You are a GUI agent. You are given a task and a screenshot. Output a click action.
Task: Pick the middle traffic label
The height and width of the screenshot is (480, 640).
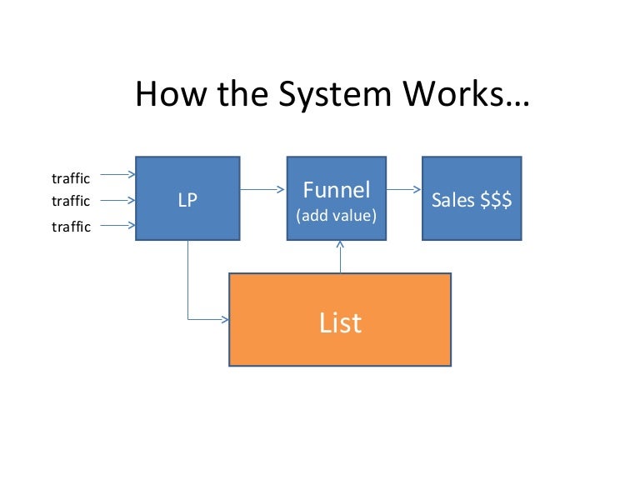coord(71,201)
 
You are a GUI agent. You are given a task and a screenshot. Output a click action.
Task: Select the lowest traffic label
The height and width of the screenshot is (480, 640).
coord(71,227)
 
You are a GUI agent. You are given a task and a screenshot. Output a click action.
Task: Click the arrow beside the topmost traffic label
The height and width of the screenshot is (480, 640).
coord(116,175)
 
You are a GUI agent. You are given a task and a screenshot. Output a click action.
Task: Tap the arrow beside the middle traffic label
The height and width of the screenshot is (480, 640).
coord(116,200)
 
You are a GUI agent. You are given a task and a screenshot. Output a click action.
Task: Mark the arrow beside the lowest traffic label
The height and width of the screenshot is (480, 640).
coord(116,226)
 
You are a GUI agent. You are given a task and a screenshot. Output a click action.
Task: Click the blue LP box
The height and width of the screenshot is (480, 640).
coord(187,199)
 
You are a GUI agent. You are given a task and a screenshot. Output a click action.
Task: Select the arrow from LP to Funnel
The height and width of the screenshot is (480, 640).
coord(263,189)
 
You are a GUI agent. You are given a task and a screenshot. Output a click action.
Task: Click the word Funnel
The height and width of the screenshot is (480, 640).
coord(337,191)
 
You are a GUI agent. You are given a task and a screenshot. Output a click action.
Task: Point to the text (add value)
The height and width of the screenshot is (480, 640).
coord(337,216)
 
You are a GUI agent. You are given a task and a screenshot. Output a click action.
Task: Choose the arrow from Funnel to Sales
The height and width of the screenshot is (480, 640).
coord(404,189)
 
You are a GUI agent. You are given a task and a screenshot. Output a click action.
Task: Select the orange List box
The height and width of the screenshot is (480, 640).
coord(340,320)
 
